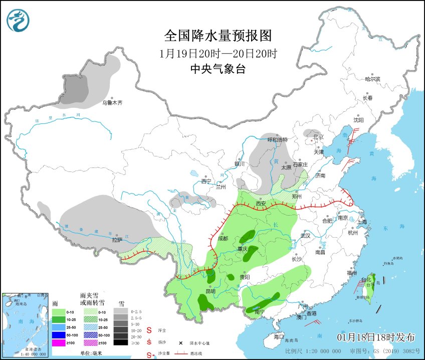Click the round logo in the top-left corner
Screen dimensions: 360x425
click(x=18, y=21)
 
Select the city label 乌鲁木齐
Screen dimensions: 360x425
click(x=112, y=103)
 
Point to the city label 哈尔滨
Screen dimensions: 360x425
click(x=372, y=79)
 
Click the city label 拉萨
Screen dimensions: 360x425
click(x=117, y=240)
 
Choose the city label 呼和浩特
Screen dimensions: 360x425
click(x=277, y=140)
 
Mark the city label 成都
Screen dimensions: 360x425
click(x=223, y=239)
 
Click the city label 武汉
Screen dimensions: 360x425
click(x=306, y=236)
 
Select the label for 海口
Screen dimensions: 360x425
click(x=279, y=336)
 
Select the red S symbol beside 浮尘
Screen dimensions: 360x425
click(x=149, y=330)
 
